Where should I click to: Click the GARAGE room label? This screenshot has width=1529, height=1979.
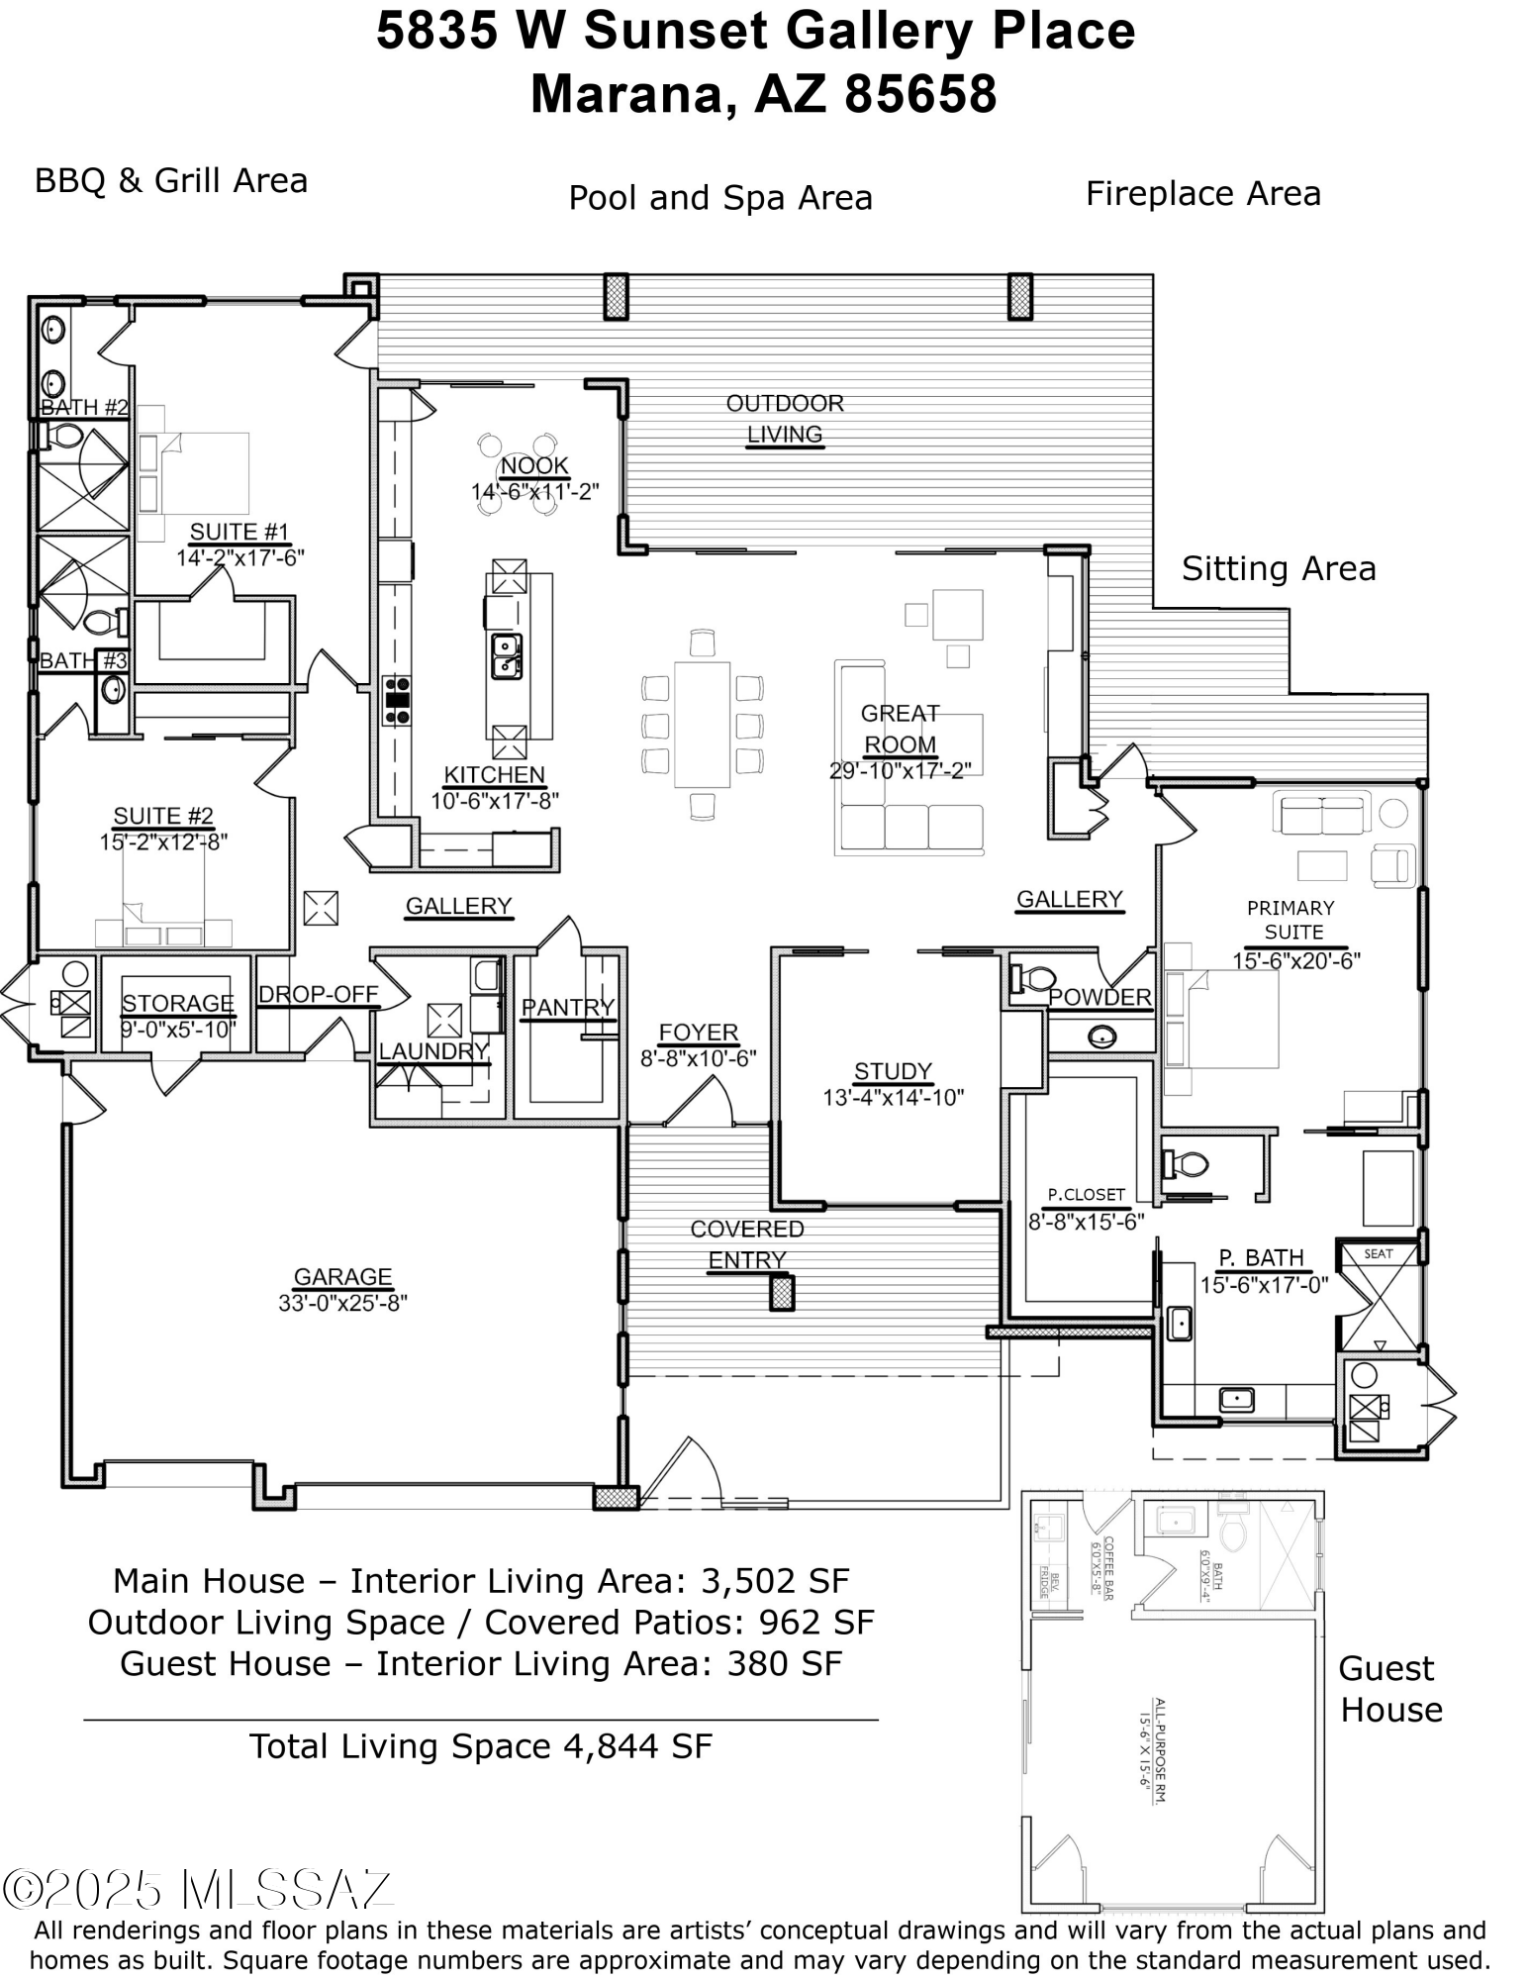(x=342, y=1277)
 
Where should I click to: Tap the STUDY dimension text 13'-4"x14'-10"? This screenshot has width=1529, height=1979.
(x=893, y=1097)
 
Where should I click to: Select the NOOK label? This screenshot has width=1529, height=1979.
(x=534, y=466)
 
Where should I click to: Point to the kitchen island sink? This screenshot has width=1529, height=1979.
(x=507, y=656)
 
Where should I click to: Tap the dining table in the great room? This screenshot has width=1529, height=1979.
(x=702, y=724)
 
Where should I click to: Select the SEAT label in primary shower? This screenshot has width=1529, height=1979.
(x=1378, y=1253)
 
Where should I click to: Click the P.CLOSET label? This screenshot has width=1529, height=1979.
(x=1087, y=1195)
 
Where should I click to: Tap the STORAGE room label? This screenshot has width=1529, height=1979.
(x=178, y=1004)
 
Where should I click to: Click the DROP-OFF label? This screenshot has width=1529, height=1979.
(x=319, y=994)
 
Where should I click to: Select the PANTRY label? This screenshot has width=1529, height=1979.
(x=568, y=1007)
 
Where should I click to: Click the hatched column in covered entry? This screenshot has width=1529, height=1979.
(x=782, y=1293)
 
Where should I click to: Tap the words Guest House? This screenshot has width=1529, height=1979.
(x=1389, y=1689)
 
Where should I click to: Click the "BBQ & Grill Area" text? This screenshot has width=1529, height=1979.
(x=171, y=181)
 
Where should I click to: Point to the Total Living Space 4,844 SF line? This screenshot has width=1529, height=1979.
(x=480, y=1745)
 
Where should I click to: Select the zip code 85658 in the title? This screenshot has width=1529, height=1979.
(x=920, y=95)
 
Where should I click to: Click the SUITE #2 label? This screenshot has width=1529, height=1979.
(x=163, y=816)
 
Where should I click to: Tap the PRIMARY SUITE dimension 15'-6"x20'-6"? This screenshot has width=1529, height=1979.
(x=1295, y=959)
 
